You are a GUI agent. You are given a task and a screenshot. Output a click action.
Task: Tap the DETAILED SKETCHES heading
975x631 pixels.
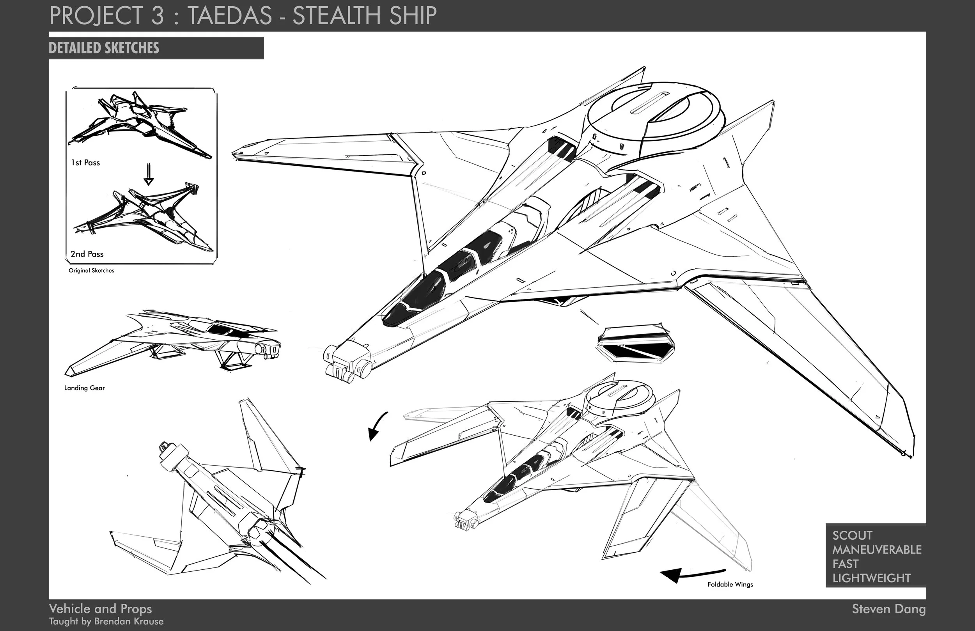pyautogui.click(x=104, y=48)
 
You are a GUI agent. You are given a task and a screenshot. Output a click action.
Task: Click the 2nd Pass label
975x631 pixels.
pyautogui.click(x=87, y=254)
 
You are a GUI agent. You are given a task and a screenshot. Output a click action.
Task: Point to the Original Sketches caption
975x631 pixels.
pyautogui.click(x=91, y=270)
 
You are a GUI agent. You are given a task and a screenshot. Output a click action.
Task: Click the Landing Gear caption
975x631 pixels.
pyautogui.click(x=84, y=388)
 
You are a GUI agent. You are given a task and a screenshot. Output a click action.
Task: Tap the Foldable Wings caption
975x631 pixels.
pyautogui.click(x=730, y=584)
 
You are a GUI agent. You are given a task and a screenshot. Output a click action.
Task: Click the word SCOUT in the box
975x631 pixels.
pyautogui.click(x=852, y=535)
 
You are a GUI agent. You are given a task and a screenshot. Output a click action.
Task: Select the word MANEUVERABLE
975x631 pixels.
pyautogui.click(x=877, y=549)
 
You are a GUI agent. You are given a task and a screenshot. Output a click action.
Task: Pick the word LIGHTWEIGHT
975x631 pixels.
pyautogui.click(x=871, y=578)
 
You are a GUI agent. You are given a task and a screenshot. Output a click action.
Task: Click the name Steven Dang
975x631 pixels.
pyautogui.click(x=888, y=609)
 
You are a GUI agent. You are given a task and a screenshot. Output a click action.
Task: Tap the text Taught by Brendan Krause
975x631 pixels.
pyautogui.click(x=106, y=622)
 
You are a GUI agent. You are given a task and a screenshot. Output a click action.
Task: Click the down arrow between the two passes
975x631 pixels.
pyautogui.click(x=149, y=175)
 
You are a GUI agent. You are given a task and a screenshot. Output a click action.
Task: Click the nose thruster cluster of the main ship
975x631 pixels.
pyautogui.click(x=347, y=363)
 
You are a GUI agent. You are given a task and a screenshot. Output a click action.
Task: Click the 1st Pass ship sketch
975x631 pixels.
pyautogui.click(x=139, y=123)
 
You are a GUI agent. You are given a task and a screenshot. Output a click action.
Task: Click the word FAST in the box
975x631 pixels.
pyautogui.click(x=845, y=564)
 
